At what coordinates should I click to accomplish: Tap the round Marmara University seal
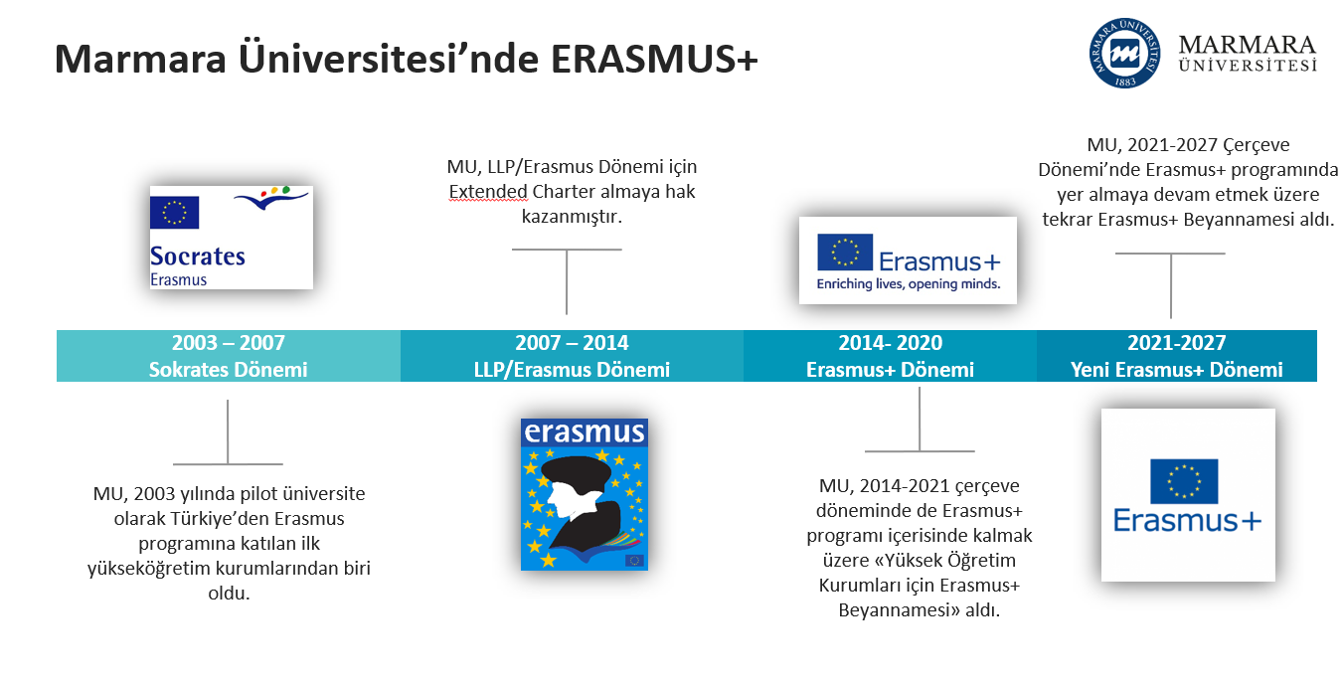[x=1123, y=54]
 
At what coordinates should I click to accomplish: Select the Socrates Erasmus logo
[x=231, y=238]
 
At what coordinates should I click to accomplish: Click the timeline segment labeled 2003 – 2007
[x=229, y=356]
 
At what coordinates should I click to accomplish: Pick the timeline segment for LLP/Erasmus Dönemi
[x=572, y=356]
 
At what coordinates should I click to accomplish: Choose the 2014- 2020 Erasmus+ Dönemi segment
[x=890, y=356]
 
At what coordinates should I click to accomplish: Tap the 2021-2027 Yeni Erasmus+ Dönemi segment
[x=1176, y=356]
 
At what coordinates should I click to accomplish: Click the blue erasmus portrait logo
[x=584, y=494]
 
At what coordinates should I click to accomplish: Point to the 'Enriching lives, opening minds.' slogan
[x=908, y=284]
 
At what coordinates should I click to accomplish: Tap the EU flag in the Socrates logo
[x=174, y=213]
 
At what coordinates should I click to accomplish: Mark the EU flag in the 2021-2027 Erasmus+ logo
[x=1184, y=481]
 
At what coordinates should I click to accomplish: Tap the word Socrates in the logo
[x=198, y=256]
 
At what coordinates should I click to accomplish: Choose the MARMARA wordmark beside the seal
[x=1247, y=45]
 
